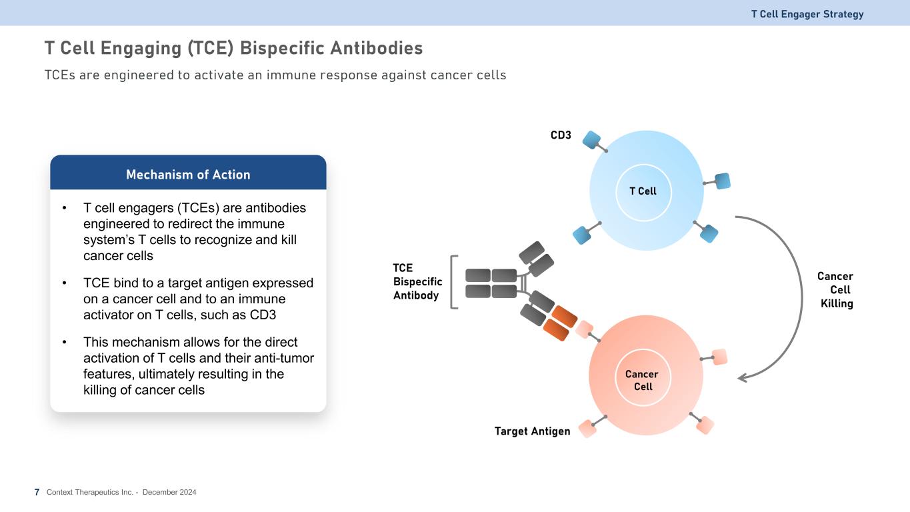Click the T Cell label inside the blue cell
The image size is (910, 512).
(643, 191)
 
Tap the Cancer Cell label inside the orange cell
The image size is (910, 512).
(643, 380)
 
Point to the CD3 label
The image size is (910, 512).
(561, 135)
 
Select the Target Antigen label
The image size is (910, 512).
(532, 431)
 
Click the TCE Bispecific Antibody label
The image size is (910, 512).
(417, 281)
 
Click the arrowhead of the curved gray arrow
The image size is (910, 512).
(743, 378)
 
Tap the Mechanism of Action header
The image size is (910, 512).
(188, 175)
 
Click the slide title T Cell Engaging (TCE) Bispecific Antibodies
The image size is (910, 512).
(233, 49)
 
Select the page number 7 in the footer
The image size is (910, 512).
(37, 492)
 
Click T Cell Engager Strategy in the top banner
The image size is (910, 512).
(807, 14)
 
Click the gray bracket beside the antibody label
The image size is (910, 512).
(455, 282)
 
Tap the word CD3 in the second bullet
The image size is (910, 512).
(263, 315)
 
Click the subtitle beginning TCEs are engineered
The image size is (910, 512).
(275, 75)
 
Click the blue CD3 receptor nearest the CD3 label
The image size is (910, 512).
(591, 139)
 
